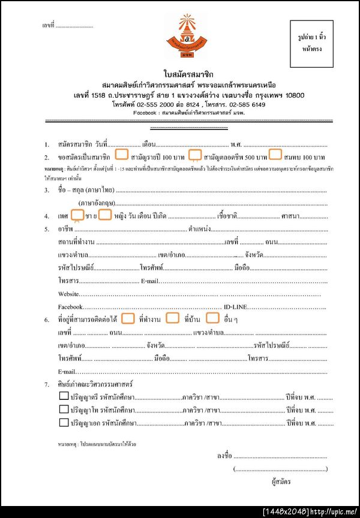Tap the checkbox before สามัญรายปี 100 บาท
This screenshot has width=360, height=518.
(x=121, y=155)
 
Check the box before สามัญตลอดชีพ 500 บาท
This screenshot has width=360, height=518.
(x=194, y=155)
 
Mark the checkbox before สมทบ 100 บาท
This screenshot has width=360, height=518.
(x=275, y=155)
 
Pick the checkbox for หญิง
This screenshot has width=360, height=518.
(x=105, y=214)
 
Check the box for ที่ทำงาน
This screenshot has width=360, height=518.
(x=128, y=318)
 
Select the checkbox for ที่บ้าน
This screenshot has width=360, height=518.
(x=173, y=318)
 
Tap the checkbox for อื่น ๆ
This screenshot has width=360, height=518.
(x=213, y=318)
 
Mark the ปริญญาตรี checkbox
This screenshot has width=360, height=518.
(x=64, y=396)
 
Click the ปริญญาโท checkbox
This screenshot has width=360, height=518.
(x=64, y=409)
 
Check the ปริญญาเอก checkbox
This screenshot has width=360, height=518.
(x=64, y=422)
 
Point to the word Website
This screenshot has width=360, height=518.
(x=68, y=294)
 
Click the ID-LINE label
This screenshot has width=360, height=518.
(x=235, y=306)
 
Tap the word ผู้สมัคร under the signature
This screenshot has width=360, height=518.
(x=281, y=481)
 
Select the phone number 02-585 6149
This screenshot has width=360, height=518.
(x=247, y=104)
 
